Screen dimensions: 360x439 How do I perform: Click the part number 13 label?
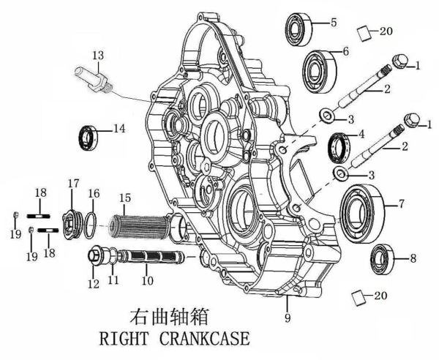coord(98,55)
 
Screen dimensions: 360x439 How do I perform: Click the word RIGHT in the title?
coord(119,340)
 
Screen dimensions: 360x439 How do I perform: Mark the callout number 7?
coord(402,204)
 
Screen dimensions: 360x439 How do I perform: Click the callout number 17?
coord(72,182)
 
